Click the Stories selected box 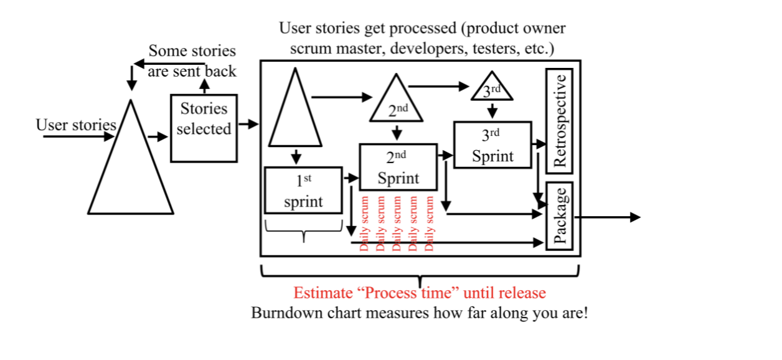pos(204,128)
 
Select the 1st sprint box pos(304,191)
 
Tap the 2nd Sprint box pos(398,168)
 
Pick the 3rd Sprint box pos(492,145)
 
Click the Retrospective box pos(559,121)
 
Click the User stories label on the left pos(76,125)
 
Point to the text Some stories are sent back pos(192,61)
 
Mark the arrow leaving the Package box pos(607,217)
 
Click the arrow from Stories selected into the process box pos(248,124)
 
